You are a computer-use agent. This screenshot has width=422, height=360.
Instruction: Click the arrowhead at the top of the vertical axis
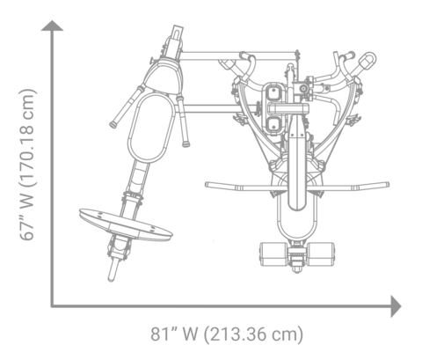(x=54, y=26)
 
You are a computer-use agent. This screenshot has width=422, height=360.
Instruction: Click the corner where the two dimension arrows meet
(x=54, y=305)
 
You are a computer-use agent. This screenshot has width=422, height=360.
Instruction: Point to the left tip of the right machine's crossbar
(x=208, y=185)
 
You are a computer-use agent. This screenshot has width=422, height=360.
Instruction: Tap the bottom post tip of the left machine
(x=112, y=275)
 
